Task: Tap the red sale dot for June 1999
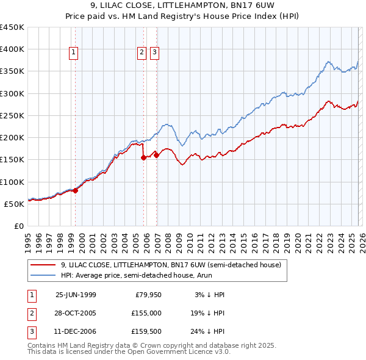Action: tap(76, 190)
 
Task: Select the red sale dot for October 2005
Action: tap(144, 157)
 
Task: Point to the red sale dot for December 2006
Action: tap(156, 155)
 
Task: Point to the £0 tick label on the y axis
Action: tap(18, 226)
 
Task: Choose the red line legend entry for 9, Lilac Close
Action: tap(171, 265)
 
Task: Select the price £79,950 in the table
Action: tap(148, 295)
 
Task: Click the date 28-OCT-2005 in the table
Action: tap(76, 312)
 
